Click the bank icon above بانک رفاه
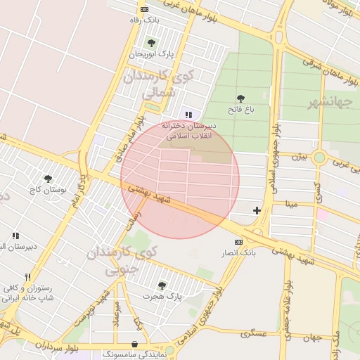[x=145, y=9]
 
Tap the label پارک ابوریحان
[x=150, y=53]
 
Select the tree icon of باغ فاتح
[x=240, y=98]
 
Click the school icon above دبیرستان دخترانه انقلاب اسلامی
[x=188, y=115]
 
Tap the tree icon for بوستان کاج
[x=48, y=179]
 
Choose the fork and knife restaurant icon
[x=28, y=277]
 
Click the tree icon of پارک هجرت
[x=162, y=285]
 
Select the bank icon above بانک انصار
[x=239, y=242]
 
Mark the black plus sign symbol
[x=257, y=210]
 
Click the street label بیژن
[x=300, y=155]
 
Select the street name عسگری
[x=254, y=333]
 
